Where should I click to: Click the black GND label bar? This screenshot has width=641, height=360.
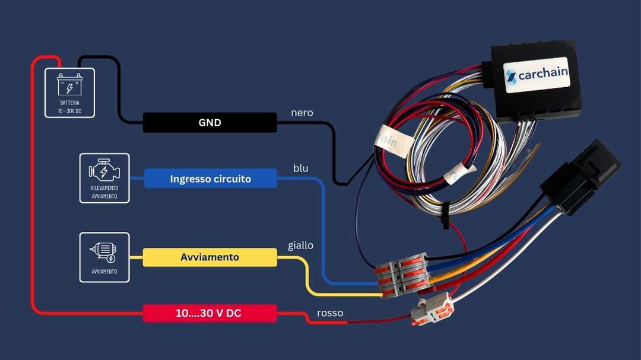[x=210, y=123]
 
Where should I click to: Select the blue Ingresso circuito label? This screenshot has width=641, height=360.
[x=210, y=179]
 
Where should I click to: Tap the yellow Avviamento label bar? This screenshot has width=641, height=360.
[x=210, y=257]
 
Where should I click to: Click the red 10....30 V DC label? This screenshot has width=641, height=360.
[x=210, y=313]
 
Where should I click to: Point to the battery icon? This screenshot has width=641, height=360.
[x=69, y=84]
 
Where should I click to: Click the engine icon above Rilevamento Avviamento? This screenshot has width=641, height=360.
[x=104, y=171]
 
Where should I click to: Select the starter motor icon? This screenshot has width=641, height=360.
[x=104, y=251]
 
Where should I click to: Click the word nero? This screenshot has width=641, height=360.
[x=302, y=113]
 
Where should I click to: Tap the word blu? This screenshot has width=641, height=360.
[x=300, y=168]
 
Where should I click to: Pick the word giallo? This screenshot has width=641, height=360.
[x=300, y=245]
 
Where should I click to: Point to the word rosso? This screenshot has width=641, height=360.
[x=330, y=313]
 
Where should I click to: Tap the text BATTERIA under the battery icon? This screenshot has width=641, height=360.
[x=69, y=103]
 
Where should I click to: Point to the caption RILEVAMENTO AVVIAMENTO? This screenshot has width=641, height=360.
[x=104, y=192]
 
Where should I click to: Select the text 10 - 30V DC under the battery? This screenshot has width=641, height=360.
[x=69, y=111]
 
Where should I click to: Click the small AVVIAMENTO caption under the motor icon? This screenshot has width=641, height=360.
[x=104, y=272]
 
